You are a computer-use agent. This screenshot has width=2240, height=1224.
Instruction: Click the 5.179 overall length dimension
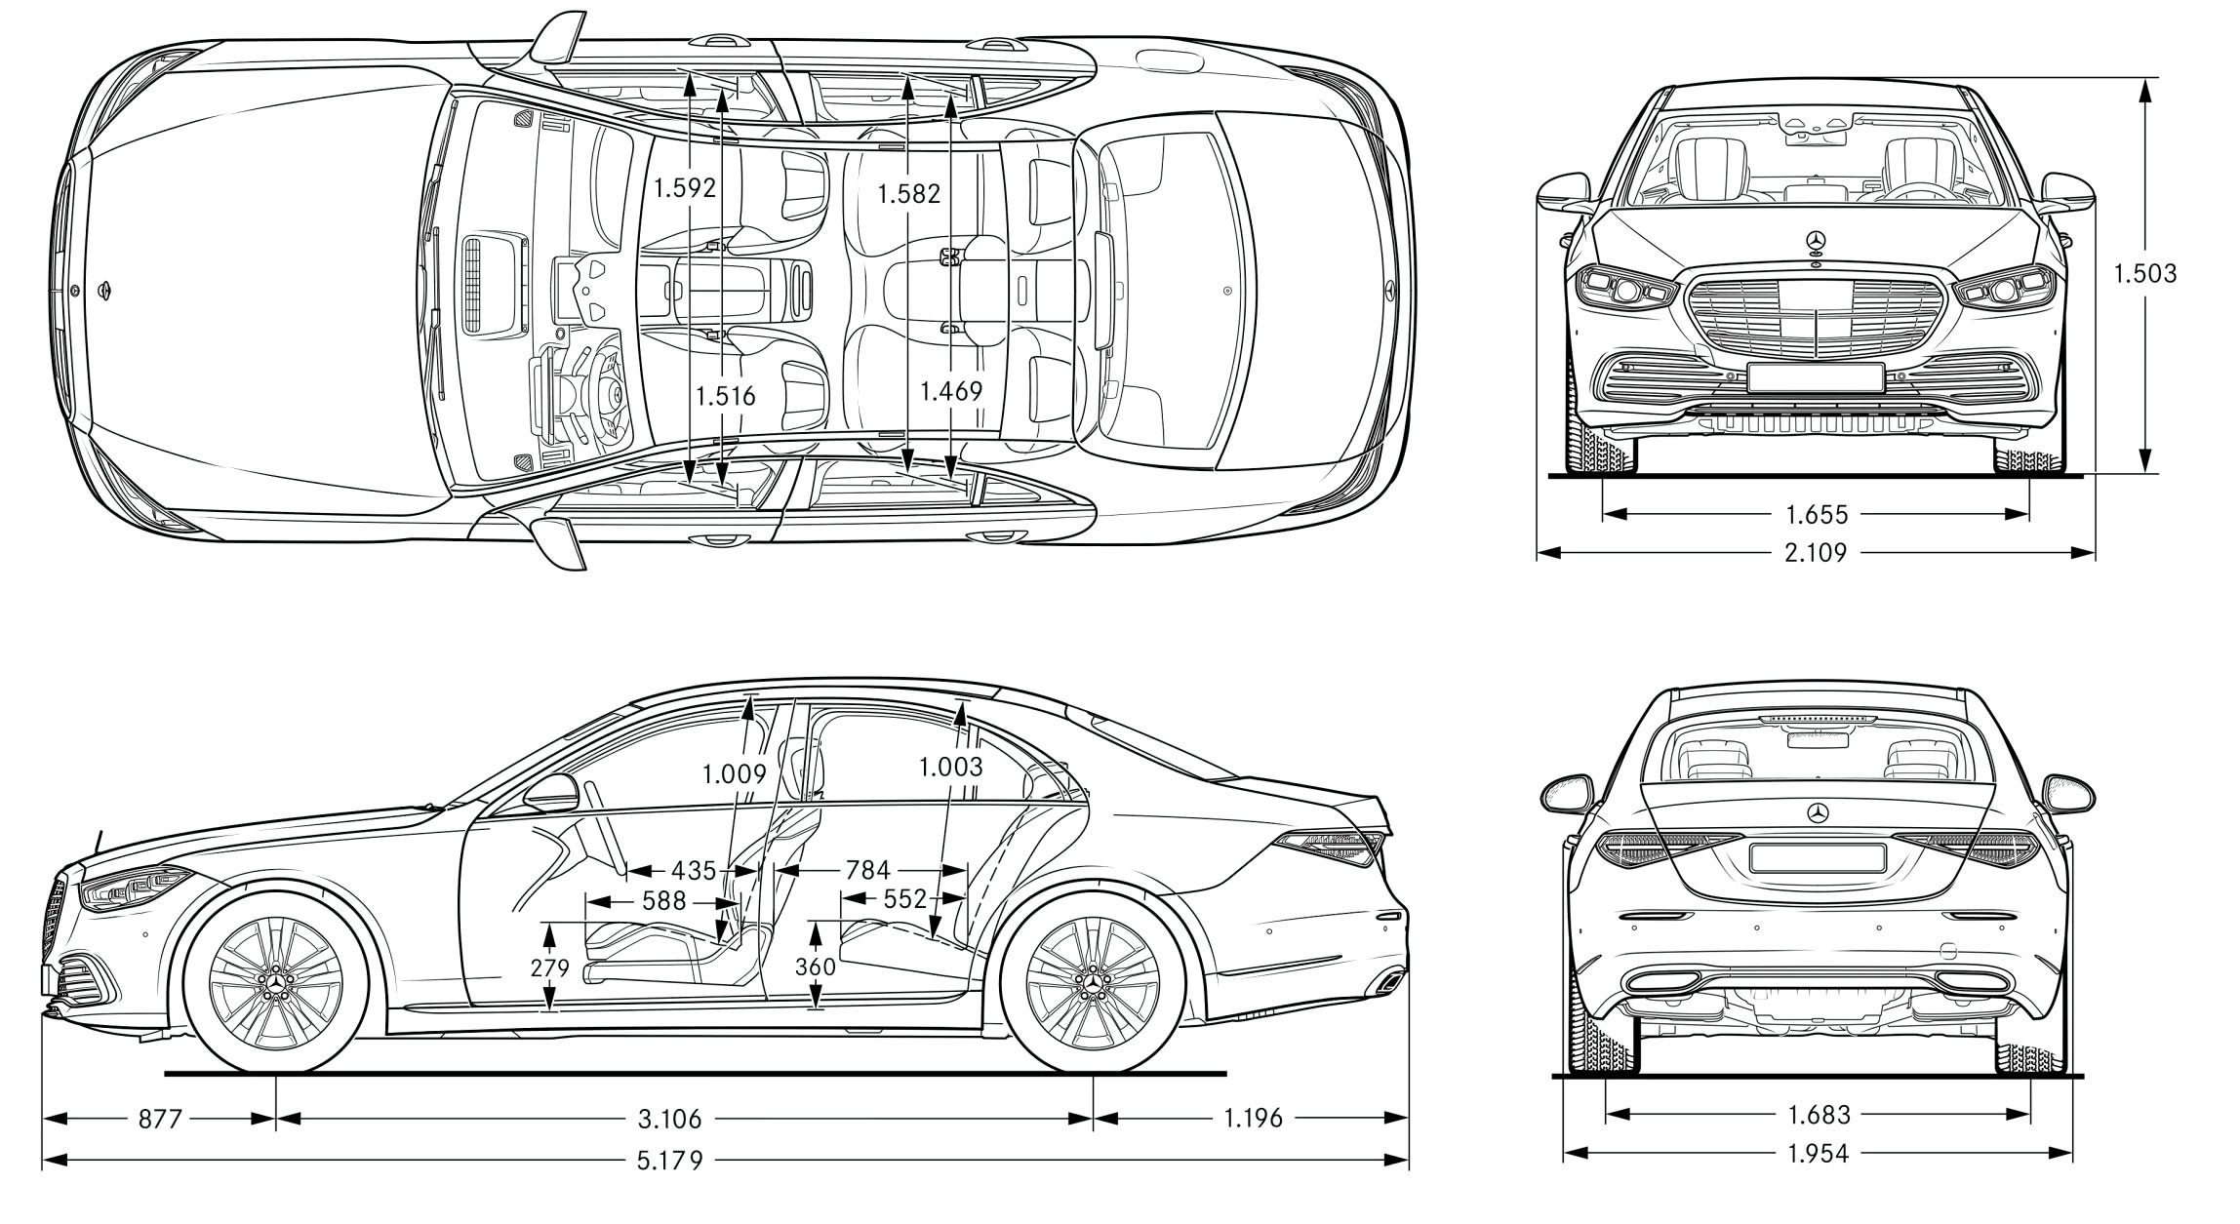669,1161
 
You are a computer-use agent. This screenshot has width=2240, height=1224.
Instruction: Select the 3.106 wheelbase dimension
669,1118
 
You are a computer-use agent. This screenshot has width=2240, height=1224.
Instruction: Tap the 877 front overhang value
159,1118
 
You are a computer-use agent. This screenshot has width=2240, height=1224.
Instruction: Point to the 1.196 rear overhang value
1253,1118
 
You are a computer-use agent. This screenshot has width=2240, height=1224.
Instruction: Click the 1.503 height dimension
2144,273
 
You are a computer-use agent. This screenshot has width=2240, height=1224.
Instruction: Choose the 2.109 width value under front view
1815,553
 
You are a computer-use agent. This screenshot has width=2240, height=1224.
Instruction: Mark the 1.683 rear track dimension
1819,1114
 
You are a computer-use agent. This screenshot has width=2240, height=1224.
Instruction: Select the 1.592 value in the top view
685,187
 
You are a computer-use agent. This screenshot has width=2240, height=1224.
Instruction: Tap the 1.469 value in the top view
951,391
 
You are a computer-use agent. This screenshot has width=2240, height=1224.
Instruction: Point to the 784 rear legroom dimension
867,869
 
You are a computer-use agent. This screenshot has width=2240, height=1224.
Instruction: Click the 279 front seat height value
549,967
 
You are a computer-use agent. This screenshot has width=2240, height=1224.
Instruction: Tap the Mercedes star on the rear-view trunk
1818,813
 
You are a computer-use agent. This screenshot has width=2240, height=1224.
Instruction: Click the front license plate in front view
1815,378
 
